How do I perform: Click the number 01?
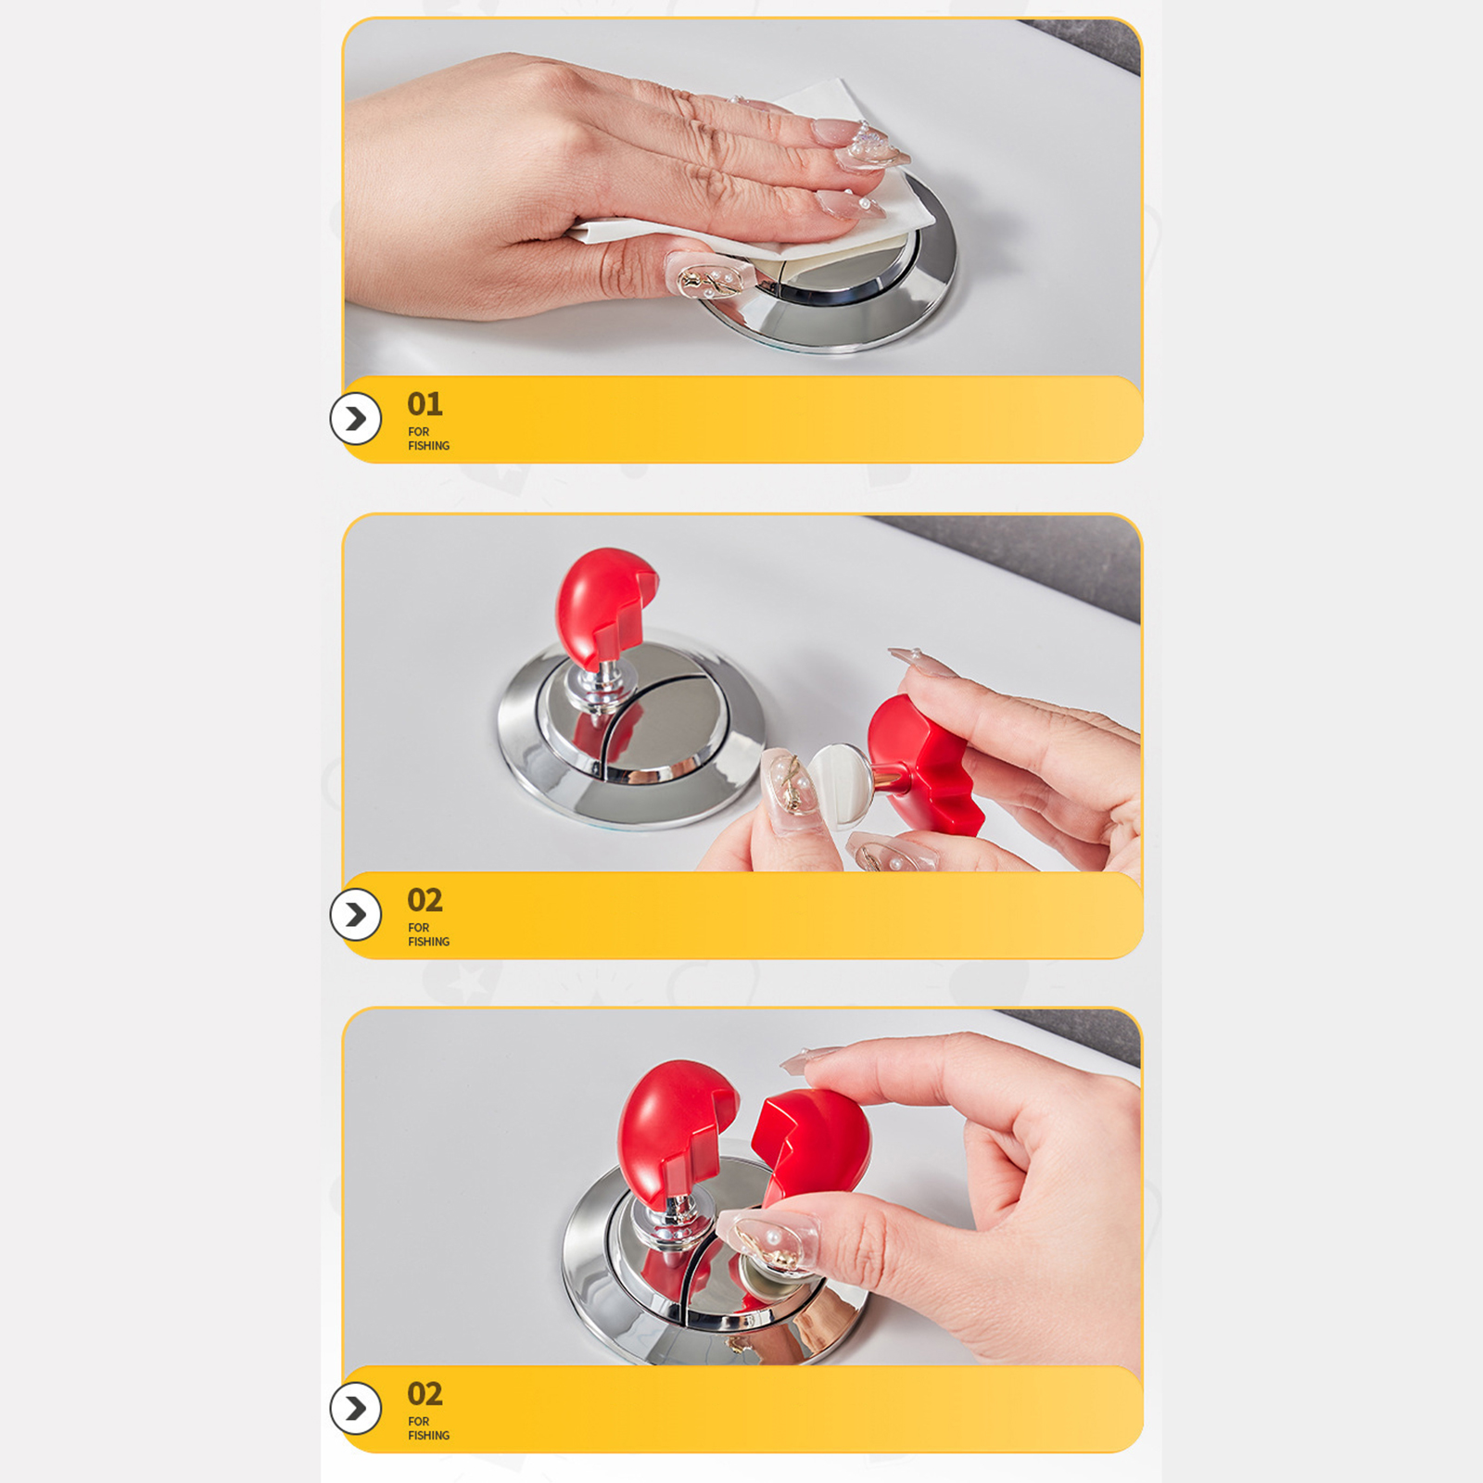click(425, 404)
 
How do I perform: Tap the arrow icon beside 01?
click(356, 419)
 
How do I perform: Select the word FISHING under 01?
click(428, 446)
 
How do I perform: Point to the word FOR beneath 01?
click(418, 432)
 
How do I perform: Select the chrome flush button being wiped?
click(834, 269)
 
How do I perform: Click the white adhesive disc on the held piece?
click(839, 784)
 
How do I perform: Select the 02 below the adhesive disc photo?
click(425, 900)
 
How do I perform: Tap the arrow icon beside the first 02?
click(356, 915)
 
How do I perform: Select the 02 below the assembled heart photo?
click(425, 1394)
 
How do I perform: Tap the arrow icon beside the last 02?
click(356, 1409)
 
